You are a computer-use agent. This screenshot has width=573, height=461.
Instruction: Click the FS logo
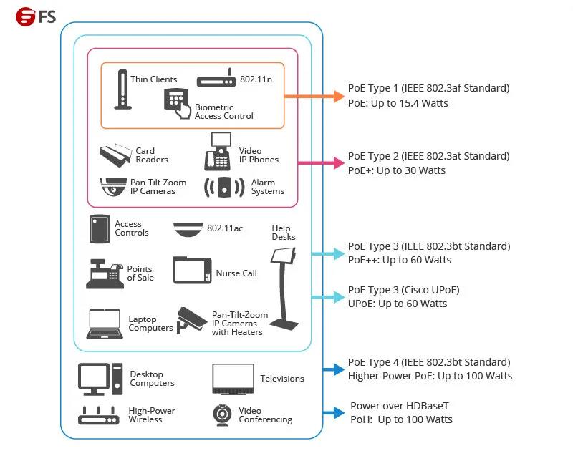point(35,16)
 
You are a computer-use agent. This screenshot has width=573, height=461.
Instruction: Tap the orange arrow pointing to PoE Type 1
point(314,97)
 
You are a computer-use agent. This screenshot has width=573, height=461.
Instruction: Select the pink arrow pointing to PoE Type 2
point(321,163)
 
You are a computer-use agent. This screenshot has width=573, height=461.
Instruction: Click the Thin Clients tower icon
point(122,89)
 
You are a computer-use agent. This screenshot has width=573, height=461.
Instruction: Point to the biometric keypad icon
point(177,103)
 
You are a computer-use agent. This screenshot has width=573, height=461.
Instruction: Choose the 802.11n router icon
point(216,78)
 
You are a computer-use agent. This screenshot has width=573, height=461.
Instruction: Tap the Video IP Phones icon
point(218,151)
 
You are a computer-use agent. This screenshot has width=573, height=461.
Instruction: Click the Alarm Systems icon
point(224,188)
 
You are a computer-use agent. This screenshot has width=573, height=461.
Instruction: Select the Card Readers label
point(152,155)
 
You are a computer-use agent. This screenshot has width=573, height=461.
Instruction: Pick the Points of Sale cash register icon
point(104,273)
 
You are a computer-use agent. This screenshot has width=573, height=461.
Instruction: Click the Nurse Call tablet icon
point(192,271)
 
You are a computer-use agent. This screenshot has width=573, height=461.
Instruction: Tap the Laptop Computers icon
point(105,324)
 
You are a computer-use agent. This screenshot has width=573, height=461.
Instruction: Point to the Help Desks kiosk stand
point(284,288)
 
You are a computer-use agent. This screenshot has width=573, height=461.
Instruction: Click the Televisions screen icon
point(233,379)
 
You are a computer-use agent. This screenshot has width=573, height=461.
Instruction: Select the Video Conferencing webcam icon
point(222,415)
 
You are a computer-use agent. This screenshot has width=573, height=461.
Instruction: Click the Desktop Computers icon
point(100,379)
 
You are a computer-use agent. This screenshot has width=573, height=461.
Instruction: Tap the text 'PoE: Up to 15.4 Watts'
point(398,103)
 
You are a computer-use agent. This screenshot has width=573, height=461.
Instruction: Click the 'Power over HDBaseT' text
point(400,406)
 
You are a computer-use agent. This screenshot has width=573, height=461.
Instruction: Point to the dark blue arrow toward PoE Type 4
point(334,369)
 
